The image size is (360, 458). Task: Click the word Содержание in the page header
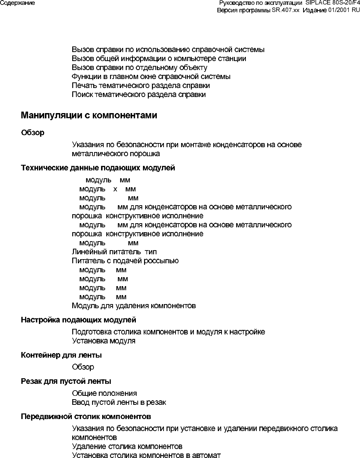(18, 3)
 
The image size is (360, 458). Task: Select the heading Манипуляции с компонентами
(89, 115)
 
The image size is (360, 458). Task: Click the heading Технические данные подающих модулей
(98, 168)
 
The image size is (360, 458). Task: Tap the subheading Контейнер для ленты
(61, 355)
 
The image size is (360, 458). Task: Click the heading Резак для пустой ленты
(66, 381)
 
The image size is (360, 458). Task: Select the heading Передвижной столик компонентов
(86, 416)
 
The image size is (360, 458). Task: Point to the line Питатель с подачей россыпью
(125, 261)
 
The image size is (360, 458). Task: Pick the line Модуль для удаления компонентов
(134, 306)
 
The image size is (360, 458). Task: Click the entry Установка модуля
(104, 341)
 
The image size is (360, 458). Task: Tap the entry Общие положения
(104, 393)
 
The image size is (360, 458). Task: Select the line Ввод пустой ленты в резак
(119, 403)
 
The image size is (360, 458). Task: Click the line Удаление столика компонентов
(127, 446)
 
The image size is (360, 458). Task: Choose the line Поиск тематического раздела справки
(138, 94)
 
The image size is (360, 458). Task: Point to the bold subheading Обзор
(33, 133)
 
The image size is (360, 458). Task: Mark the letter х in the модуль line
(115, 189)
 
